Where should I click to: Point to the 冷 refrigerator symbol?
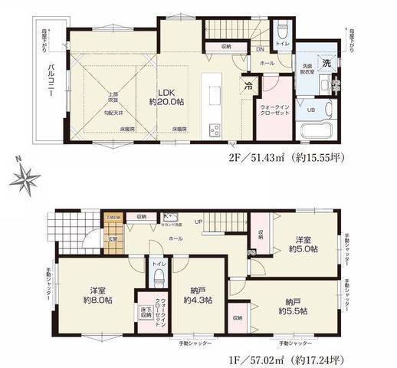247,85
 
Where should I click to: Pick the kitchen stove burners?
214,129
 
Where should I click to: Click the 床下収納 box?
146,313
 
